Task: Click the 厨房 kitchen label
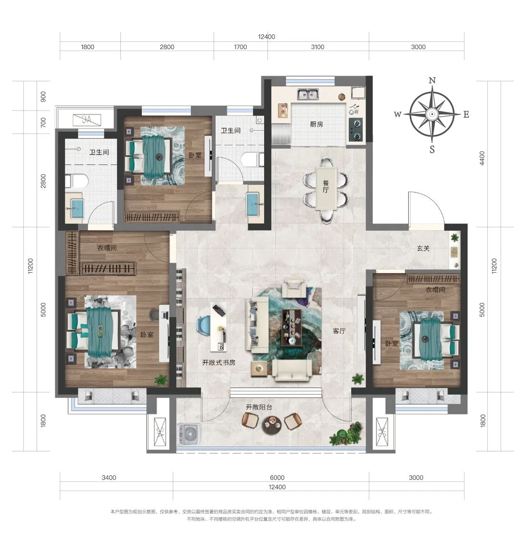click(316, 124)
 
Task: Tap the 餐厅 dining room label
click(326, 186)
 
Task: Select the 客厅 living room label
click(339, 331)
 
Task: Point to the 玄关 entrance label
click(423, 248)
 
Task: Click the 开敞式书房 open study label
click(218, 363)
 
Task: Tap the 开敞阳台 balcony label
click(259, 407)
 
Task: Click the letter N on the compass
click(432, 81)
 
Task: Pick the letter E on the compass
click(466, 114)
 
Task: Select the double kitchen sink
click(308, 94)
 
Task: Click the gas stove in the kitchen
click(356, 130)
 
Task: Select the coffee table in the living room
click(292, 327)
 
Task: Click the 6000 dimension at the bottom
click(277, 478)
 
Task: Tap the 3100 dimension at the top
click(317, 47)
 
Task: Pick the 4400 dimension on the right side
click(482, 158)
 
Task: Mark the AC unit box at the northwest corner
click(87, 120)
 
